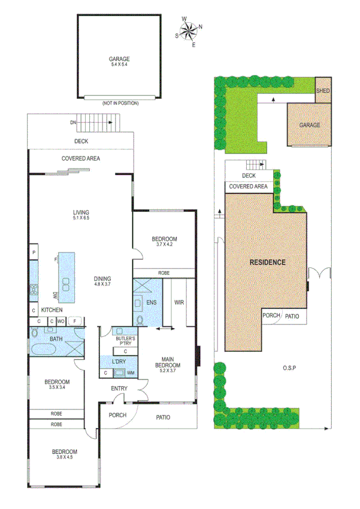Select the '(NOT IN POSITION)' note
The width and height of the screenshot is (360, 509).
[x=120, y=103]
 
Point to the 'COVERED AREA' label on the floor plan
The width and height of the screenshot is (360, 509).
[x=81, y=158]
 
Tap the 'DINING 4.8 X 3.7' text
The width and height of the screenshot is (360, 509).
[x=102, y=282]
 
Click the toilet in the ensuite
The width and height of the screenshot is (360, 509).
[x=140, y=320]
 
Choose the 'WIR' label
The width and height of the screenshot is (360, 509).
[x=179, y=303]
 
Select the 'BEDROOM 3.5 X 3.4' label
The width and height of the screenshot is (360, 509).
[x=57, y=385]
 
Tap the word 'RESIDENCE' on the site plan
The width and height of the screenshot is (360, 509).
[x=268, y=263]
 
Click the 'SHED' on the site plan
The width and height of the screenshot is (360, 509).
[x=323, y=91]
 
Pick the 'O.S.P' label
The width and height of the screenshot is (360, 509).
[x=292, y=367]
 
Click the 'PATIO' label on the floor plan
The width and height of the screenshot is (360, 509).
[x=163, y=417]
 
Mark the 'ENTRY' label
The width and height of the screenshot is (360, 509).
[x=119, y=389]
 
